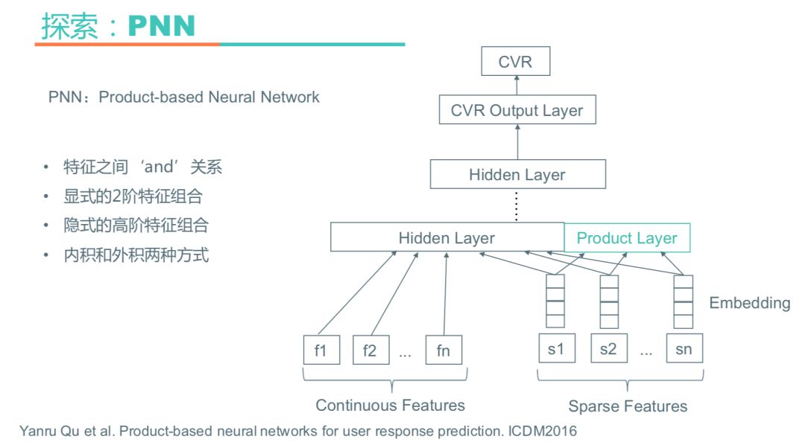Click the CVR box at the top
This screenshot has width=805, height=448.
pos(515,62)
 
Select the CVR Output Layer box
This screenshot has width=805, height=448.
pos(517,110)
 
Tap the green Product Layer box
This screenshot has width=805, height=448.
pos(627,238)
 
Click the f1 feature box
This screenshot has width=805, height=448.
pos(321,350)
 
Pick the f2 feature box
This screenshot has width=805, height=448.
pos(370,350)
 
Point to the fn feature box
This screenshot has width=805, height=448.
pos(443,350)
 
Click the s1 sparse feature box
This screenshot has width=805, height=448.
pos(556,348)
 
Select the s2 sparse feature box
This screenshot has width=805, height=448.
pos(608,348)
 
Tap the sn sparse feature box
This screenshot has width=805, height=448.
pos(684,348)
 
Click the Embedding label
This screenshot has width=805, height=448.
pos(749,303)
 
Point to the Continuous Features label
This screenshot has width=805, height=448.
pos(390,406)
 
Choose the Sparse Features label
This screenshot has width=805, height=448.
pos(628,406)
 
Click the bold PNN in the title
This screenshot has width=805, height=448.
pos(162,26)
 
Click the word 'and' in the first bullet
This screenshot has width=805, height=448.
pos(158,167)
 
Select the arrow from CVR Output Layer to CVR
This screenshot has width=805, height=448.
pos(517,86)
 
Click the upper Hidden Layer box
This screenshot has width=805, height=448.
pos(517,175)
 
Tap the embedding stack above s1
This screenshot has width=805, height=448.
pos(555,301)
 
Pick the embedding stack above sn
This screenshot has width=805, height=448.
pos(683,301)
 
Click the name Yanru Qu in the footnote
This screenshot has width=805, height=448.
pos(47,431)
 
